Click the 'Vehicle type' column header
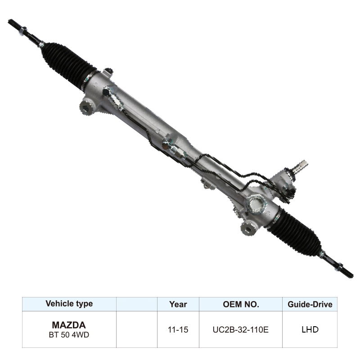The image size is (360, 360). click(69, 304)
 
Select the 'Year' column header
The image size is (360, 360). click(178, 304)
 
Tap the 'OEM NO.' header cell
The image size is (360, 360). click(241, 304)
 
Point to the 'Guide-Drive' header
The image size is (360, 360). click(310, 305)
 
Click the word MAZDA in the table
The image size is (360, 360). click(69, 324)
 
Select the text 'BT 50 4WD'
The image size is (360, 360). click(69, 335)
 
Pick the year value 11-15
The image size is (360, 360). click(178, 329)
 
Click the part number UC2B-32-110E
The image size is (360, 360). click(241, 329)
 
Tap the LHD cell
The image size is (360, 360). click(310, 329)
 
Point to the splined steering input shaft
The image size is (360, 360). click(299, 165)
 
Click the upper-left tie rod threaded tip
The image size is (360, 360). click(15, 25)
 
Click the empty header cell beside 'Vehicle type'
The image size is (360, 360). click(136, 304)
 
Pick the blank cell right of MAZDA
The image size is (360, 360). click(136, 329)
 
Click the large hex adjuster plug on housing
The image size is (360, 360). click(256, 203)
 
